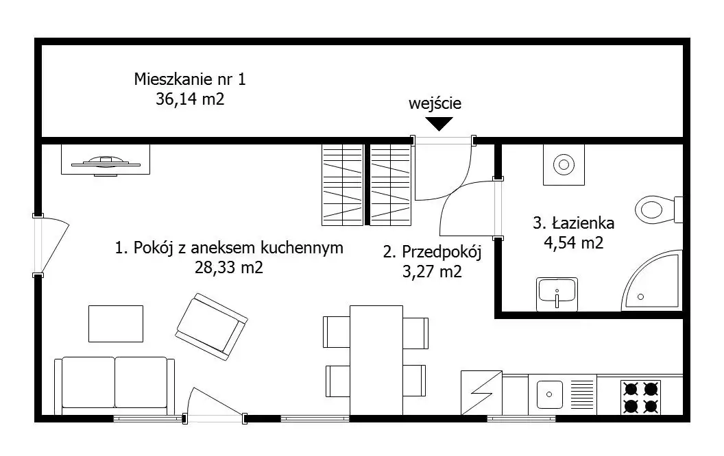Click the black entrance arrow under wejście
click(x=439, y=123)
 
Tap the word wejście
click(x=435, y=104)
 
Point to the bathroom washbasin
click(x=557, y=293)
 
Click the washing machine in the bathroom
click(x=564, y=164)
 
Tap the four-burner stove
click(x=640, y=397)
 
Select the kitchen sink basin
click(x=549, y=394)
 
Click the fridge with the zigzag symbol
click(x=481, y=393)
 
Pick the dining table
click(x=376, y=360)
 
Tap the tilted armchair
click(x=211, y=327)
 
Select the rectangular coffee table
click(x=116, y=324)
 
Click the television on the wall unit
click(x=106, y=163)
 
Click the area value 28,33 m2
click(x=228, y=268)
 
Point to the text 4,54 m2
click(x=573, y=242)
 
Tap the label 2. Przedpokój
click(x=432, y=252)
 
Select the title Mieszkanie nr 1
click(x=190, y=79)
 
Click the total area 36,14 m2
click(x=190, y=99)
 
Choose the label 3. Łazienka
click(x=573, y=223)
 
